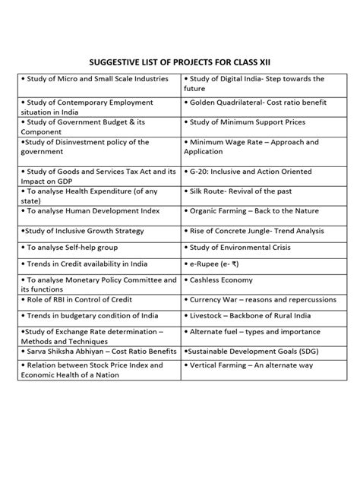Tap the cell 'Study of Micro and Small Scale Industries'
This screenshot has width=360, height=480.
96,78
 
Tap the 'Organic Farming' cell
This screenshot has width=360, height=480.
254,210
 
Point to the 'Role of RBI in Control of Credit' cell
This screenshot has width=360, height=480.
84,300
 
